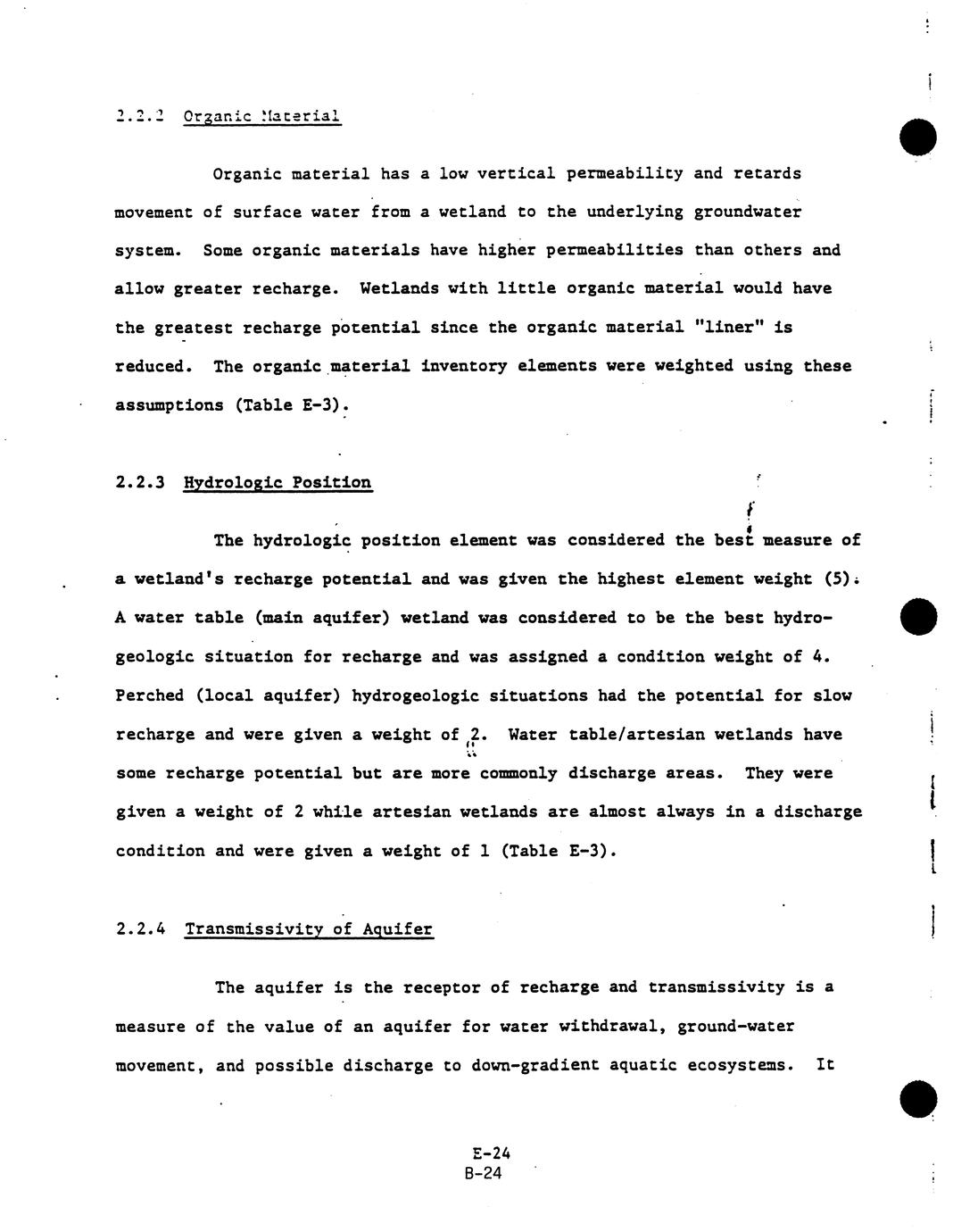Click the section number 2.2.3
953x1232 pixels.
tap(141, 483)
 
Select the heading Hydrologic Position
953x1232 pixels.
tap(278, 483)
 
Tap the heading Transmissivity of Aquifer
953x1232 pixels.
tap(309, 929)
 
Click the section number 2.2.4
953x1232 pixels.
tap(141, 929)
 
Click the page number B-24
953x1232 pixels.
tap(483, 1173)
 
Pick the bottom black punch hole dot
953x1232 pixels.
tap(918, 1099)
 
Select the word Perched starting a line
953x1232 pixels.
tap(150, 695)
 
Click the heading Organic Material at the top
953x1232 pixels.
tap(261, 116)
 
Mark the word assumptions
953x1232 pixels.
tap(170, 405)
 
